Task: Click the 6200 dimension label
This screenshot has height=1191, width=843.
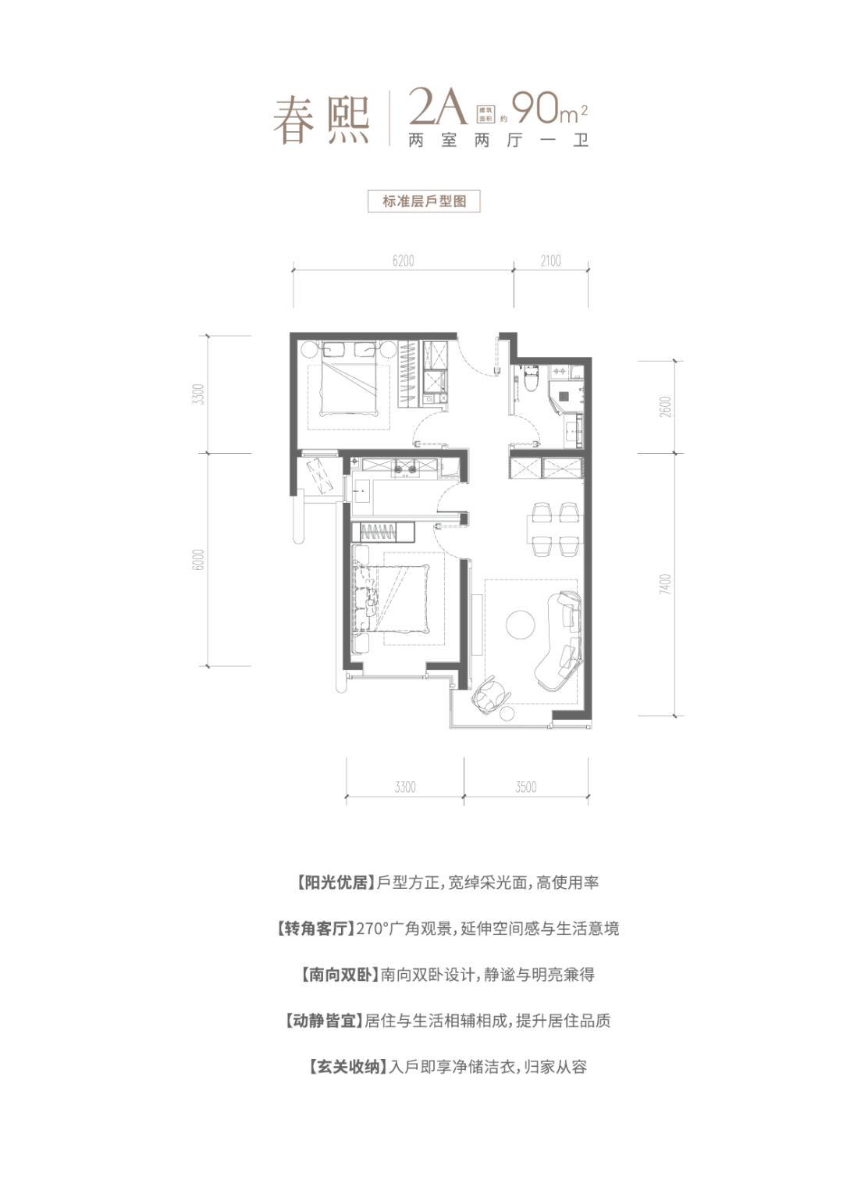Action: (x=403, y=261)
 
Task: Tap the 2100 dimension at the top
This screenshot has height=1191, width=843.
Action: (x=550, y=261)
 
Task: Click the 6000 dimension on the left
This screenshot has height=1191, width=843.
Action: (x=199, y=560)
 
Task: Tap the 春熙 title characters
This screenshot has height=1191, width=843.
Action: (x=321, y=119)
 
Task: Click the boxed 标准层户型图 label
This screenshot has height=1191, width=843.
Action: (x=424, y=201)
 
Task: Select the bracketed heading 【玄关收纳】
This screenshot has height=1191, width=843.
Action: (x=347, y=1067)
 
